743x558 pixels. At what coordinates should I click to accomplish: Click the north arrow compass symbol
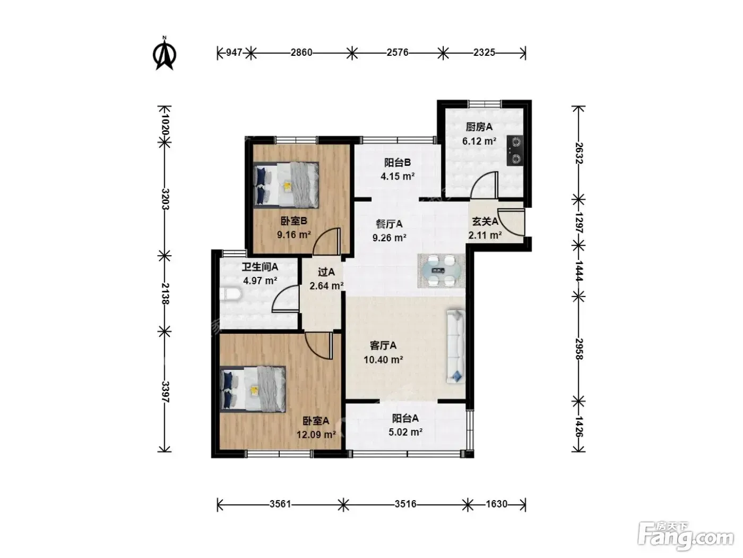[x=165, y=54]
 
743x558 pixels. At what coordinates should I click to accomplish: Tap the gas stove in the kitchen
[x=514, y=150]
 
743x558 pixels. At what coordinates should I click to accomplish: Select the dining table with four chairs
[x=441, y=270]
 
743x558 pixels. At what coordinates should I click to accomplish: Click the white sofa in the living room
[x=455, y=346]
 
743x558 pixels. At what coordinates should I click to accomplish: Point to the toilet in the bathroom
[x=230, y=294]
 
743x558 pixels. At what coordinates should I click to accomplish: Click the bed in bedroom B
[x=286, y=185]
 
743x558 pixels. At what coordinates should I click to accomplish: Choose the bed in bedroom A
[x=253, y=389]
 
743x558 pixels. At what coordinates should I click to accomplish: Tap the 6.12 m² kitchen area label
[x=479, y=141]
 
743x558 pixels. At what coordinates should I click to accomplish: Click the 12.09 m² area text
[x=316, y=434]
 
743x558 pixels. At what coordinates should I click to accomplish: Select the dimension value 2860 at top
[x=301, y=53]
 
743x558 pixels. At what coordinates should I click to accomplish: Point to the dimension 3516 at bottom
[x=405, y=504]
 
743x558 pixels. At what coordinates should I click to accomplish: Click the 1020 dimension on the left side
[x=165, y=124]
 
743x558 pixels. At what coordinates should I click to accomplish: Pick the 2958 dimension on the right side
[x=578, y=349]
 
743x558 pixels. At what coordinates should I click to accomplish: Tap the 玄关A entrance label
[x=485, y=221]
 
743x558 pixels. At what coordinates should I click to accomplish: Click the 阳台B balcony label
[x=398, y=163]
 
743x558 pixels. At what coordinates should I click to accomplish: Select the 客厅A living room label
[x=383, y=345]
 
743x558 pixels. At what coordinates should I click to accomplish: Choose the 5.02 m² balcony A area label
[x=405, y=432]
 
